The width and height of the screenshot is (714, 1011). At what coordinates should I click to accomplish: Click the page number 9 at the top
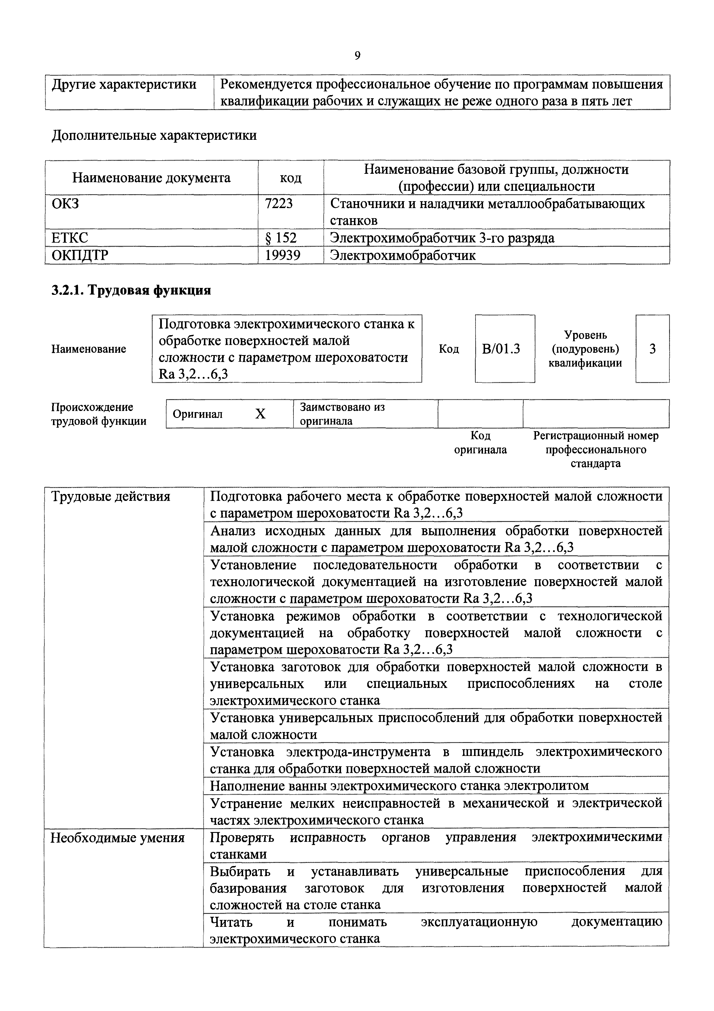(357, 56)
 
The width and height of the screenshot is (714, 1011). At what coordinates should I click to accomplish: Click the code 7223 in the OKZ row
(279, 204)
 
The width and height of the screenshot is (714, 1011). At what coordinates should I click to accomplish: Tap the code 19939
(283, 255)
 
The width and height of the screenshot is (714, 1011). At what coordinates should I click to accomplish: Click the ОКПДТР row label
(79, 255)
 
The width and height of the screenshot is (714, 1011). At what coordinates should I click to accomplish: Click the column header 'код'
(291, 178)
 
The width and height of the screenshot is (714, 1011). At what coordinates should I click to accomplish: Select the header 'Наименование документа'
(151, 178)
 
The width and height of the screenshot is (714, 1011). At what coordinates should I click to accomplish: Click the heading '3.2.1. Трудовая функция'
(131, 290)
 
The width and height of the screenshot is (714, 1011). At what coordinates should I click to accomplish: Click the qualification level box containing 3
(652, 349)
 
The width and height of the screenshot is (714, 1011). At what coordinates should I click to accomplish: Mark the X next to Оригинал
(260, 414)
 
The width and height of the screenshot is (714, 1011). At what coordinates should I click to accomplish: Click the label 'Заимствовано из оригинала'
(342, 414)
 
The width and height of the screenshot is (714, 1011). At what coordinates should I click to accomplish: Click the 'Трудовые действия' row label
(110, 497)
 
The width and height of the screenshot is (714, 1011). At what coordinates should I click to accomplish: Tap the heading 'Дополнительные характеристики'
(154, 135)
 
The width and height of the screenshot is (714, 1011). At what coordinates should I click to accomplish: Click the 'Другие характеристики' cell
(124, 84)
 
